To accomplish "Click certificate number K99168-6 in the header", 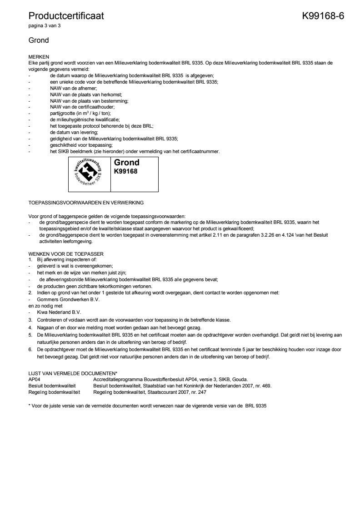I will pyautogui.click(x=323, y=16).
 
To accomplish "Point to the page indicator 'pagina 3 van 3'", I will pyautogui.click(x=45, y=26).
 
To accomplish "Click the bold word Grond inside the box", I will pyautogui.click(x=126, y=163).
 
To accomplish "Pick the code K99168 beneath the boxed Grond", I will pyautogui.click(x=125, y=172).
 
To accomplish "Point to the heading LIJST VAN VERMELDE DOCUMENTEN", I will pyautogui.click(x=73, y=373).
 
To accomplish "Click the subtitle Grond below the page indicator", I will pyautogui.click(x=39, y=40).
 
